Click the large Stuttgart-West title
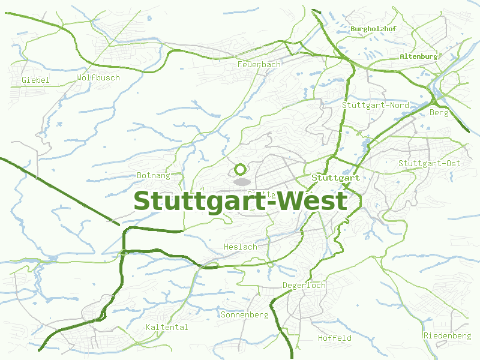click(x=240, y=201)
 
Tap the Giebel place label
click(x=35, y=80)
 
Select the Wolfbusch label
click(x=98, y=77)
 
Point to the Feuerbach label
click(x=259, y=64)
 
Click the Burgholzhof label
click(x=374, y=29)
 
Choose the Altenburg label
click(x=418, y=56)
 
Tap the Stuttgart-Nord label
click(x=376, y=105)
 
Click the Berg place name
click(x=439, y=112)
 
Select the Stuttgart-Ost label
click(x=429, y=163)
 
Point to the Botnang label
click(x=154, y=175)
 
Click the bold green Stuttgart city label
click(x=335, y=178)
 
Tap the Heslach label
click(x=240, y=247)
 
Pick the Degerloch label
click(x=304, y=285)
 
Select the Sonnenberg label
click(x=244, y=314)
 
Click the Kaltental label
click(x=167, y=327)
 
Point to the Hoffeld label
click(x=335, y=338)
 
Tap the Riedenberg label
click(x=447, y=335)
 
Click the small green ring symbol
click(x=241, y=169)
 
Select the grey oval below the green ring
click(x=242, y=181)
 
